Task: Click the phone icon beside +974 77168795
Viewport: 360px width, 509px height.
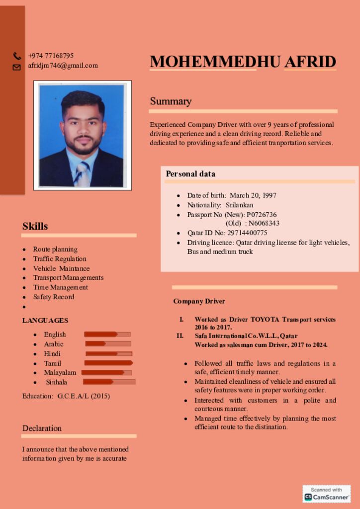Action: (17, 56)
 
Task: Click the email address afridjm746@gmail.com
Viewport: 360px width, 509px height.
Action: (63, 66)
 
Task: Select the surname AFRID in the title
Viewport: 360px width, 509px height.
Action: (310, 62)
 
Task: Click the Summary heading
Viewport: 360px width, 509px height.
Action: (171, 101)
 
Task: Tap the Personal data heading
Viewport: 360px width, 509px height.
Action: (190, 174)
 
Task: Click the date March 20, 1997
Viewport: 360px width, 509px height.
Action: (253, 195)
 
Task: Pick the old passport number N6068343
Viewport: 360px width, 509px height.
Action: (264, 223)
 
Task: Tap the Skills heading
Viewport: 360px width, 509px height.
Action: (35, 226)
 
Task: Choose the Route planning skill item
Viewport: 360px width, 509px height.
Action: (55, 249)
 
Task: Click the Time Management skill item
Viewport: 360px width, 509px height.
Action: (60, 287)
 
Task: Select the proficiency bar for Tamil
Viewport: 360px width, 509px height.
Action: (108, 363)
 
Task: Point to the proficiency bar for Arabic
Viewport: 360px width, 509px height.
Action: (108, 343)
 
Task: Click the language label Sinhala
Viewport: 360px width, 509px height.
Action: (57, 382)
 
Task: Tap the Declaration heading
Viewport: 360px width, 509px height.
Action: (42, 428)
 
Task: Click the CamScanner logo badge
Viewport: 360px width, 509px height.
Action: (327, 494)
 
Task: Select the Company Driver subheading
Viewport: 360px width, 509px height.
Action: (199, 301)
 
